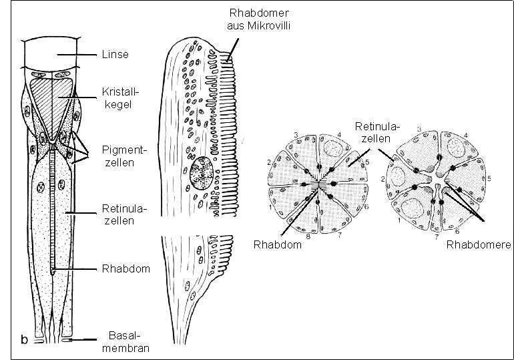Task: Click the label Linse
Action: point(115,54)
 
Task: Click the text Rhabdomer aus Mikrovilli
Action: point(259,19)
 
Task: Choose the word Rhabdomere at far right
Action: point(479,245)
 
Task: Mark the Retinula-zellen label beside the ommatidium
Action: point(124,214)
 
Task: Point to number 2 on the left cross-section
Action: point(268,162)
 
